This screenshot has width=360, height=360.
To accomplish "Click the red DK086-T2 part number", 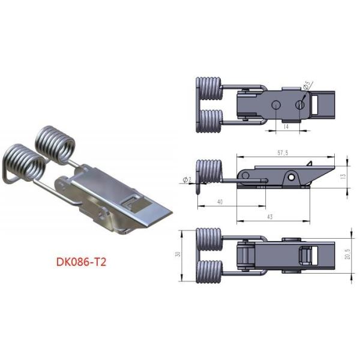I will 82,262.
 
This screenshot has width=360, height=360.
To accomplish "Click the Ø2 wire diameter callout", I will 185,179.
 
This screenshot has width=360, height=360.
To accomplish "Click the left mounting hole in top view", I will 275,105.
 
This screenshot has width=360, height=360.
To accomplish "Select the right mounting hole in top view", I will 300,105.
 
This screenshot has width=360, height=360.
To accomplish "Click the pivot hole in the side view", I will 291,178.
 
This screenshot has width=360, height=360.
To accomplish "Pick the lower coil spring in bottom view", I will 209,273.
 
